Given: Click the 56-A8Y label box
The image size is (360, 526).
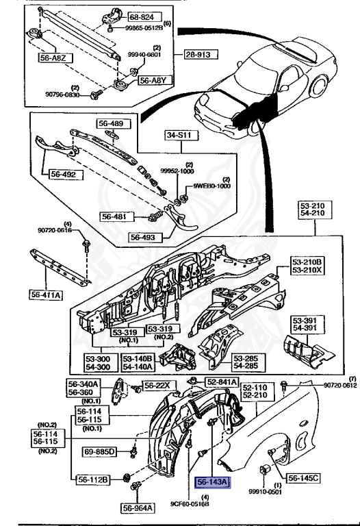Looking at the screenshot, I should [x=153, y=80].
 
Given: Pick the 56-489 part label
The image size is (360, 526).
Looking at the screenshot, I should [x=112, y=124].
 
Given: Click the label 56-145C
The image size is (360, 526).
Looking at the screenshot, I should [x=305, y=477].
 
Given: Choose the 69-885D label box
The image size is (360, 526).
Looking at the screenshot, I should [x=100, y=452].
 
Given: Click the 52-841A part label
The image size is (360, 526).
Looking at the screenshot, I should [x=222, y=381].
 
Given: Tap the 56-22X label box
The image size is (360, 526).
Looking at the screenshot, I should [x=157, y=386].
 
